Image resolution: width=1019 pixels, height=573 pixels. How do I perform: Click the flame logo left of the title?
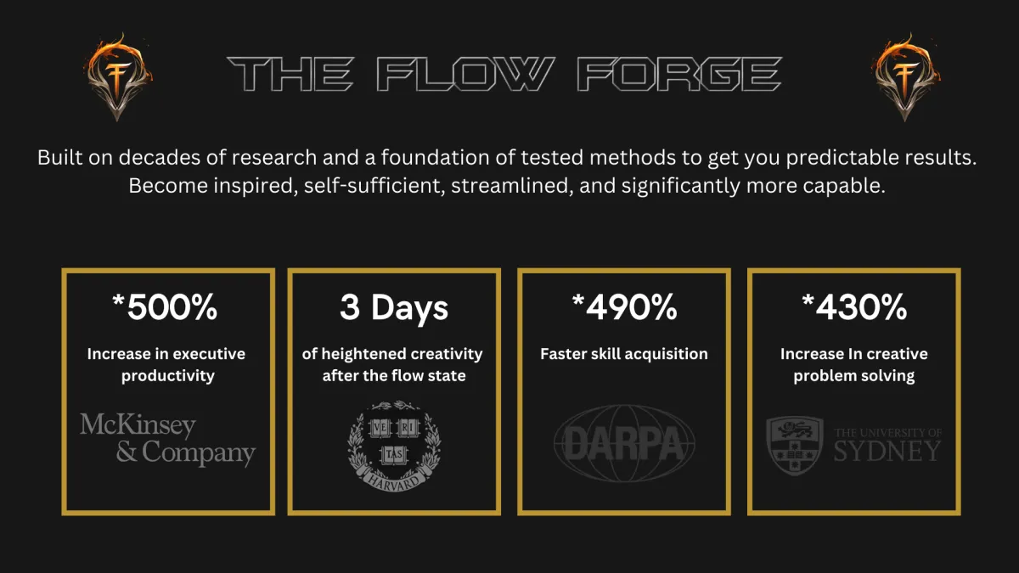118,76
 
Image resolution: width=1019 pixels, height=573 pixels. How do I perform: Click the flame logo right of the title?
906,76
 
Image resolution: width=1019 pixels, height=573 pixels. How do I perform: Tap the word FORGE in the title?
679,74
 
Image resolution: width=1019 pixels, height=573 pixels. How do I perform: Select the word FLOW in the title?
466,74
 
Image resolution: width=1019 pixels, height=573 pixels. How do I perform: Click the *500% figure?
165,307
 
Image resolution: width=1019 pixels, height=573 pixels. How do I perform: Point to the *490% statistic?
625,307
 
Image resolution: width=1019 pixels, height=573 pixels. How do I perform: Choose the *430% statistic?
854,307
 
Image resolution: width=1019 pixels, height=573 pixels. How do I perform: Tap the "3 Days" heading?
394,308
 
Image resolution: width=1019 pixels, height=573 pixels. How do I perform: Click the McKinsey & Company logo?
168,440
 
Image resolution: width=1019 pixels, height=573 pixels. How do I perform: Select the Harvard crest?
394,446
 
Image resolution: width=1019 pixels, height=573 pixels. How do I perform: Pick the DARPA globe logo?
624,443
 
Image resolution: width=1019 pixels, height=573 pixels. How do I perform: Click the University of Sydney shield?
795,445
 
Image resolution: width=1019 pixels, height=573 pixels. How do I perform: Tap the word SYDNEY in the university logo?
887,452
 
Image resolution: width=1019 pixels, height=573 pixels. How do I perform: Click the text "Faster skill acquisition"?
624,354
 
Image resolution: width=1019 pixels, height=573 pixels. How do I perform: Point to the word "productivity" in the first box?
168,376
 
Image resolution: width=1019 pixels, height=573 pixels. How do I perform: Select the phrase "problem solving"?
854,376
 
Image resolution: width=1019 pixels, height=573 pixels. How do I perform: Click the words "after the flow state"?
394,375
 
